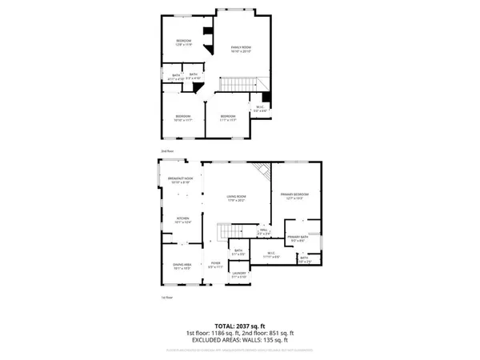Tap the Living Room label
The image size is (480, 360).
[x=234, y=198]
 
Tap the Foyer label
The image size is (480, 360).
[x=215, y=265]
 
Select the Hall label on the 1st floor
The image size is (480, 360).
[x=262, y=232]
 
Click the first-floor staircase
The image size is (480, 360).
[x=224, y=233]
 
